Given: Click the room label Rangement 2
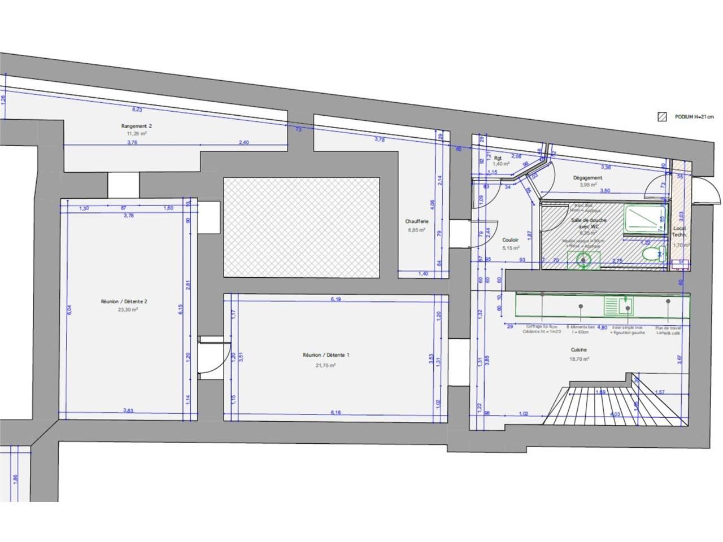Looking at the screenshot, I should coord(136,126).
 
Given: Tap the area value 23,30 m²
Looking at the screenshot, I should coord(128,309).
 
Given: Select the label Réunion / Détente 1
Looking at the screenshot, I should coord(326,355).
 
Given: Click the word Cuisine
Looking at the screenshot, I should coord(580,349).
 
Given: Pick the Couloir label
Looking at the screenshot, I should coord(510,240).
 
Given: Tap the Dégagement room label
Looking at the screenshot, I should coord(587,177).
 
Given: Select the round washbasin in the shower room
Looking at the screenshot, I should coord(585,260).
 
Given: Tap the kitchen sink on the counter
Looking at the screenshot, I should coord(619,305).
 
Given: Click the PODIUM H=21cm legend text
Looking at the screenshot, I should coord(694,117).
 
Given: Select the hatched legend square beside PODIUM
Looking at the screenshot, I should coord(662,117).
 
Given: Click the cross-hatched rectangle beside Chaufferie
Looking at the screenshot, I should coord(300,227).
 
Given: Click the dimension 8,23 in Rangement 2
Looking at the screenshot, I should coord(137,110).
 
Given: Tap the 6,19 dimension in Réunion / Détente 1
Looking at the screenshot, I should coord(336,299).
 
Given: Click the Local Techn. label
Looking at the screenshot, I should coord(679,231).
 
